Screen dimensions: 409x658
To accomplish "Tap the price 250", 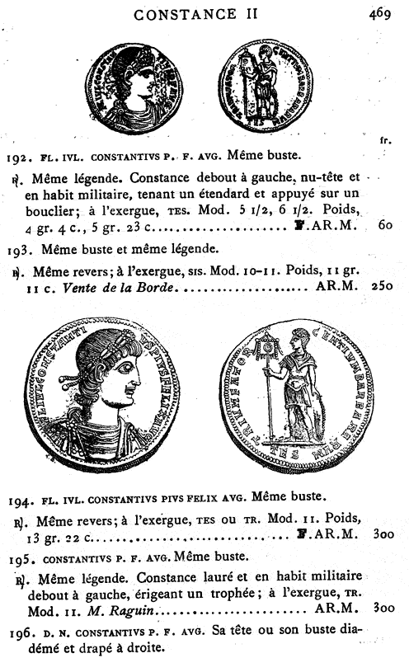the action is [379, 286].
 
